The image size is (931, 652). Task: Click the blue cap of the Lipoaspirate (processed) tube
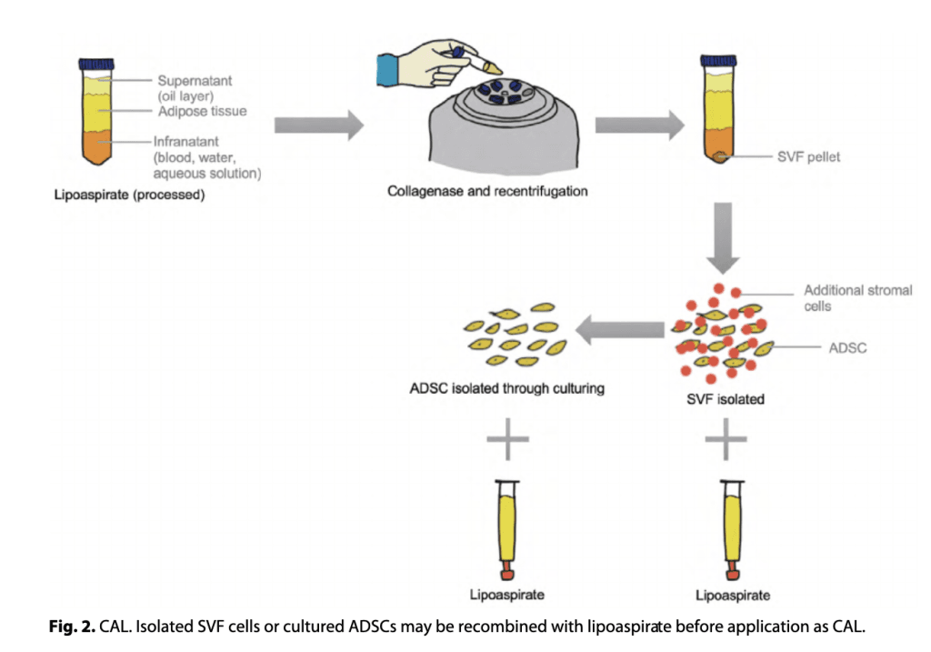(92, 65)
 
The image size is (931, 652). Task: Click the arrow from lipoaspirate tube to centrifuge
(317, 126)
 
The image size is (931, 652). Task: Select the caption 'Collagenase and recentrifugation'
(487, 192)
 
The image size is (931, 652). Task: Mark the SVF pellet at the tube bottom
(718, 157)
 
